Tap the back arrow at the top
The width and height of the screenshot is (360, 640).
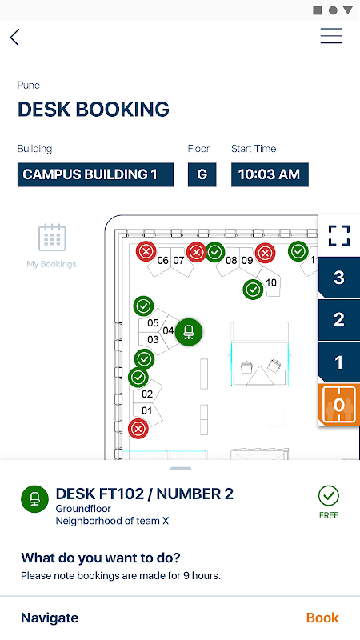point(14,37)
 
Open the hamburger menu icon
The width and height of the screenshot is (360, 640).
point(331,36)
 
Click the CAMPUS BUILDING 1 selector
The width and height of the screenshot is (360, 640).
point(95,174)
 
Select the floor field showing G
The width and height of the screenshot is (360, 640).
point(202,174)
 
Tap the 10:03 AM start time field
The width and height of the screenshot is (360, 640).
point(270,174)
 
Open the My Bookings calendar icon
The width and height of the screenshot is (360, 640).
point(52,238)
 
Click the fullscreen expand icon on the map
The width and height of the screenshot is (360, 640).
point(339,235)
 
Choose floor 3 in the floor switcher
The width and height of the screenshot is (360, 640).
point(339,278)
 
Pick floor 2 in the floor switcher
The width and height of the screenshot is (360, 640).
point(339,319)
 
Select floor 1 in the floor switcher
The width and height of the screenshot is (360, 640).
point(339,362)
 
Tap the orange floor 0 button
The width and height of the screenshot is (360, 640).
point(339,405)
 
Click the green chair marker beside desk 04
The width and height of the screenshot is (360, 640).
point(189,332)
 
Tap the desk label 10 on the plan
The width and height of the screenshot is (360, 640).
point(271,282)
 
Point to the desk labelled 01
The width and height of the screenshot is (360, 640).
point(146,410)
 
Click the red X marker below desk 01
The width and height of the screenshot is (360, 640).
point(138,429)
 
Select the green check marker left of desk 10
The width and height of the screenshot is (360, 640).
point(253,290)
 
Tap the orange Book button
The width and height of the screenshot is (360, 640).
point(322,618)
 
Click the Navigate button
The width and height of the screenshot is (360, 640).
point(50,618)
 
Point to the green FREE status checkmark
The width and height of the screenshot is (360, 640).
point(329,495)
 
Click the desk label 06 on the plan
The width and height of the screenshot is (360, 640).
point(163,261)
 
